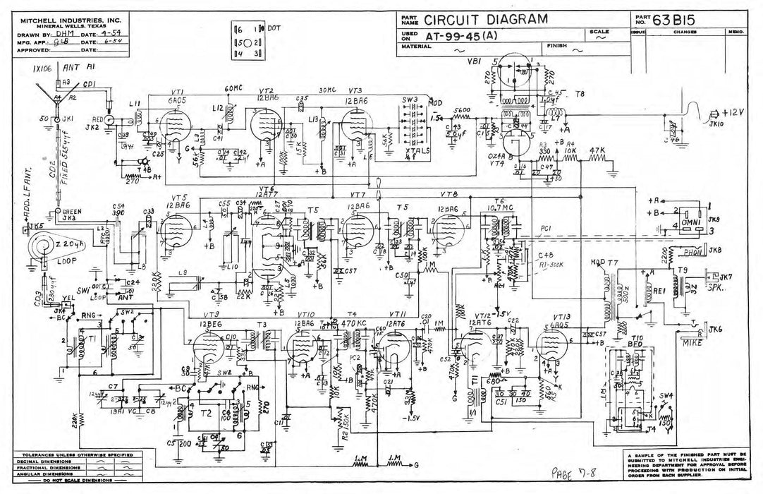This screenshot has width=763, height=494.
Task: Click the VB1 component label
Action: [x=474, y=61]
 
